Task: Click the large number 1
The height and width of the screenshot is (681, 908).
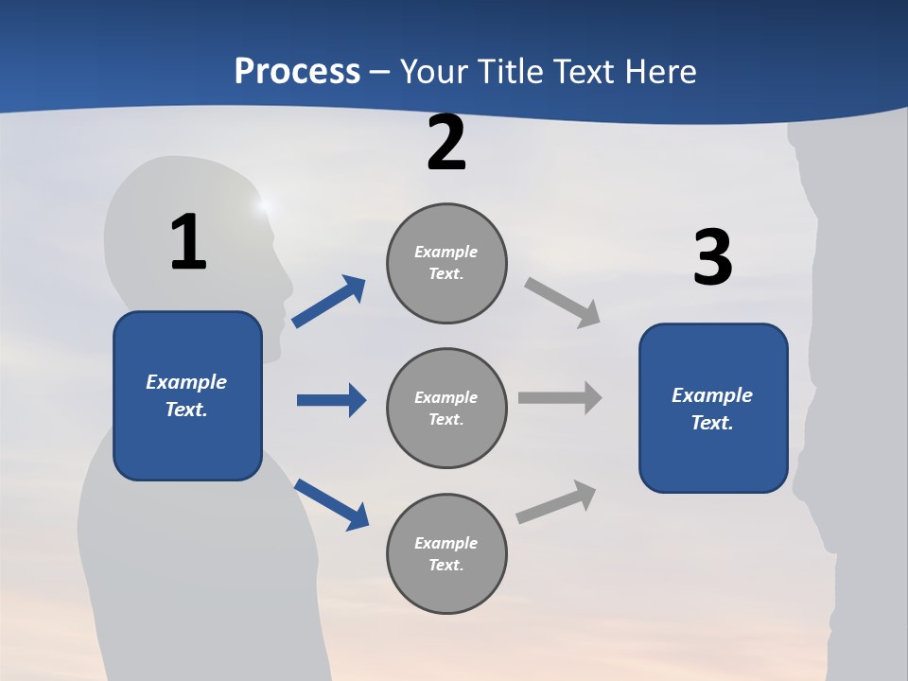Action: coord(188,242)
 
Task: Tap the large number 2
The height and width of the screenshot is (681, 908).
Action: coord(446,143)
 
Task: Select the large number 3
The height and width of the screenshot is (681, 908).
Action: coord(713,257)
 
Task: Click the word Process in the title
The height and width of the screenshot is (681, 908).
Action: coord(297,71)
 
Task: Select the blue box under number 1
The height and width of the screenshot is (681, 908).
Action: coord(187,395)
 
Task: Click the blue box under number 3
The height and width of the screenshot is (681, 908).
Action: coord(713,409)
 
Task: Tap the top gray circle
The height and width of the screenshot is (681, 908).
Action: coord(446,263)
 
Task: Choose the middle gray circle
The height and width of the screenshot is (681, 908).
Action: coord(446,409)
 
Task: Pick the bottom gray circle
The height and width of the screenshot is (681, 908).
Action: coord(446,554)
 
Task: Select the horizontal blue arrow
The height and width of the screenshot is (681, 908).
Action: coord(331,400)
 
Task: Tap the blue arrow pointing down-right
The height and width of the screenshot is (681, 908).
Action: coord(332,504)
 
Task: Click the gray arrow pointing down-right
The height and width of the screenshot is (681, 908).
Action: coord(563,302)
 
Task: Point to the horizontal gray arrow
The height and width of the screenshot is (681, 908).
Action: coord(560,397)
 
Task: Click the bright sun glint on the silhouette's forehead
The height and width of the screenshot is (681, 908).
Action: coord(264,203)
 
